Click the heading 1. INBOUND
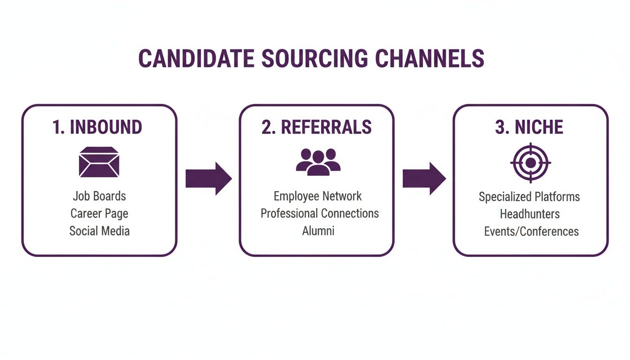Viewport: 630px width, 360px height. [x=97, y=127]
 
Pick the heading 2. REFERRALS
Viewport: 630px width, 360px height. [x=317, y=127]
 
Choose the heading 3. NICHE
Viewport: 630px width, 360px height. [x=529, y=127]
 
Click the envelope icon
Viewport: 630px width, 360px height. [x=99, y=162]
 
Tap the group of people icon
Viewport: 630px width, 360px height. [x=318, y=162]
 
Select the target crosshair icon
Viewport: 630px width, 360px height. [x=530, y=163]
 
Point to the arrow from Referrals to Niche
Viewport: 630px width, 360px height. [x=424, y=179]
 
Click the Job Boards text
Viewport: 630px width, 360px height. [x=99, y=195]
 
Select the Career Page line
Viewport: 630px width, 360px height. [x=99, y=213]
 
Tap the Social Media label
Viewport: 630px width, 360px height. [x=99, y=231]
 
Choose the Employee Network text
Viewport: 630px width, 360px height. [x=318, y=196]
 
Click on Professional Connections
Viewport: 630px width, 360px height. [x=320, y=213]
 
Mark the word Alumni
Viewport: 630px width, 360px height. [x=318, y=231]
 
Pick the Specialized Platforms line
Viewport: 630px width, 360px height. [x=529, y=196]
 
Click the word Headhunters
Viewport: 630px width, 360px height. [x=530, y=214]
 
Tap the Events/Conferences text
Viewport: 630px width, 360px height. [x=531, y=231]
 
